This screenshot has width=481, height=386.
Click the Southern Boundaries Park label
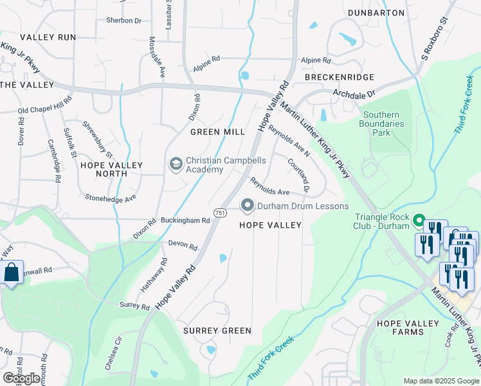(x=383, y=124)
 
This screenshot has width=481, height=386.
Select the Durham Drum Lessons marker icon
(x=247, y=206)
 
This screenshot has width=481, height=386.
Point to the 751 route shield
(x=220, y=212)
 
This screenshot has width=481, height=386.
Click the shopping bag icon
(x=12, y=273)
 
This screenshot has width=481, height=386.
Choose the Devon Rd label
(x=183, y=244)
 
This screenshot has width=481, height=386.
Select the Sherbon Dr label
(x=123, y=21)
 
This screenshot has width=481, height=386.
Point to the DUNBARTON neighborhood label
(x=376, y=12)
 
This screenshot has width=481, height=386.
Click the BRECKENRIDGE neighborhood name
(x=340, y=77)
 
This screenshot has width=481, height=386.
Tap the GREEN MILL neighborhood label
(x=217, y=132)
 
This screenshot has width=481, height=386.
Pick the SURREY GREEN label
(x=217, y=331)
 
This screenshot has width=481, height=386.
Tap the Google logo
(x=21, y=378)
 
